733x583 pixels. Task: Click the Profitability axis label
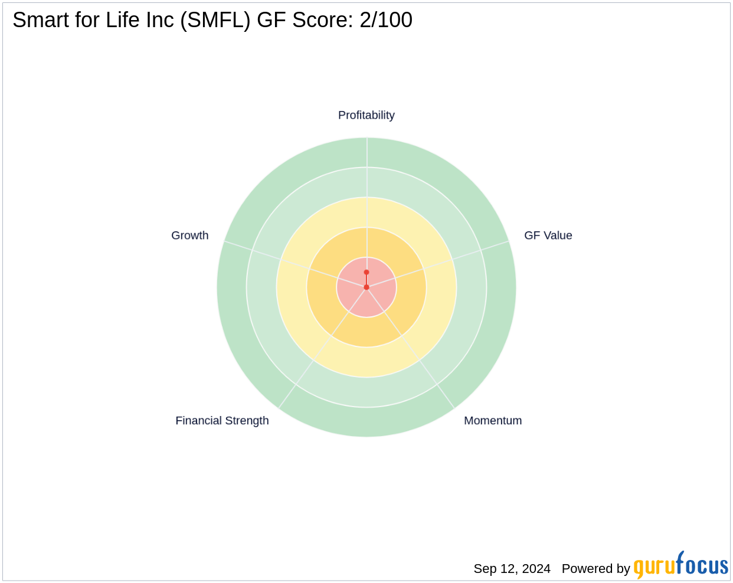coord(366,115)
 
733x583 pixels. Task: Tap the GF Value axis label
coord(548,235)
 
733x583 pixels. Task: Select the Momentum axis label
coord(493,421)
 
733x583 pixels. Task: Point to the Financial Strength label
coord(222,421)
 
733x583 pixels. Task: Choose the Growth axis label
coord(189,235)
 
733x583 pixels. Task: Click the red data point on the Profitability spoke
coord(366,272)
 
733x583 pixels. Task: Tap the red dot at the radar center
coord(366,287)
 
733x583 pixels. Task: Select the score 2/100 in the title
coord(386,20)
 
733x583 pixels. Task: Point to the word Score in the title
coord(325,20)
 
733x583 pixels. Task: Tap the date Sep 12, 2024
coord(512,569)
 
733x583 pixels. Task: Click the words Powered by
coord(595,569)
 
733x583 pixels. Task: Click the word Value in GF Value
coord(558,235)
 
